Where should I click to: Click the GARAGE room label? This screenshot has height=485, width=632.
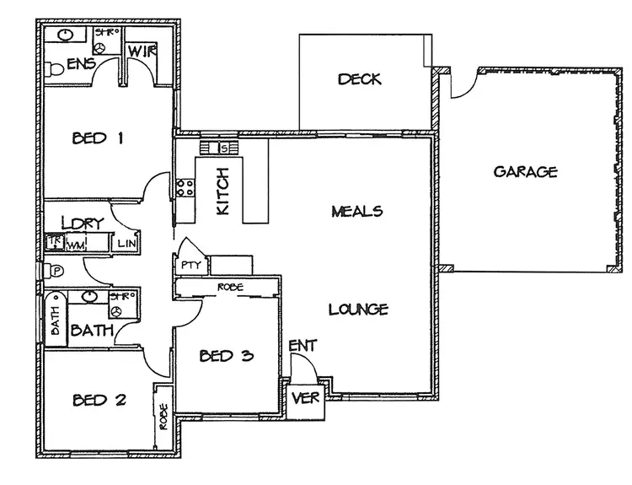pos(525,172)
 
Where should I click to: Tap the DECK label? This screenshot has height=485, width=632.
pos(360,79)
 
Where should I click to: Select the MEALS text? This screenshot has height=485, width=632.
pos(357,211)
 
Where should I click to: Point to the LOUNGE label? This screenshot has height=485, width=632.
pos(358,309)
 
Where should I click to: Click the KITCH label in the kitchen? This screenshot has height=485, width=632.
pos(222,191)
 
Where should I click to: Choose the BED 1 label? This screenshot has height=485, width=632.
pos(99,138)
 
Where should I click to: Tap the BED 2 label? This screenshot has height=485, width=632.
pos(99,399)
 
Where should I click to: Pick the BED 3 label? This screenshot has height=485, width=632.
pos(226,355)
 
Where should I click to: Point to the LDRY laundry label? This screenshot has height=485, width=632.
pos(82,224)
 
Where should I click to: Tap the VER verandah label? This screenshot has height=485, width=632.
pos(304,398)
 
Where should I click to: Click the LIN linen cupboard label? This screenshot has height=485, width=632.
pos(127,244)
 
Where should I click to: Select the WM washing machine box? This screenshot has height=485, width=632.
pos(77,245)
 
